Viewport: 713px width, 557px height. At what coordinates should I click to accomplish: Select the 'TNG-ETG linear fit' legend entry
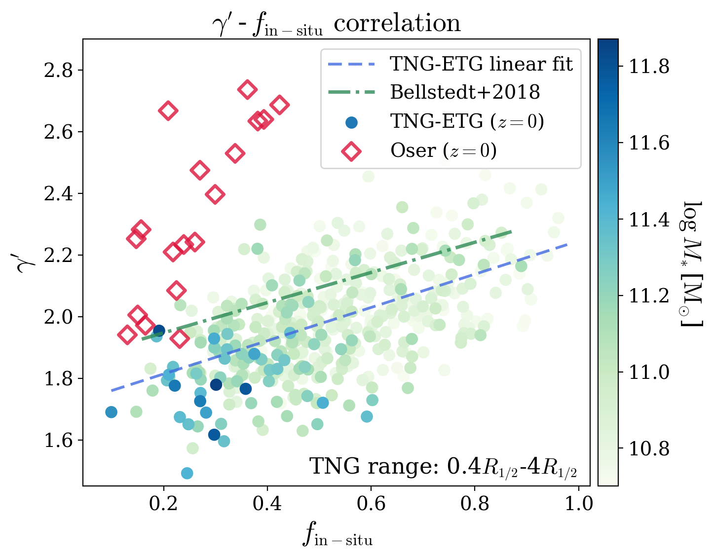[481, 64]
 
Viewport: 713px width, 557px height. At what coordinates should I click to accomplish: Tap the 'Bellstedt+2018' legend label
[465, 92]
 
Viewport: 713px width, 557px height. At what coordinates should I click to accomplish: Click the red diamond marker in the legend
[351, 150]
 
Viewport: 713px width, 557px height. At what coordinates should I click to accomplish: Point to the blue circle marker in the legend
[351, 122]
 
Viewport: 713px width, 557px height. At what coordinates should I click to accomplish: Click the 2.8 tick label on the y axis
[58, 71]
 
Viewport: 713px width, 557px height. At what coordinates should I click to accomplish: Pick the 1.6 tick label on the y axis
[58, 441]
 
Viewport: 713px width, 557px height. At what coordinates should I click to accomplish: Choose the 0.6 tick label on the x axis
[371, 504]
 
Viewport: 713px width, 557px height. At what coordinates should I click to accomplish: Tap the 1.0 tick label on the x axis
[578, 504]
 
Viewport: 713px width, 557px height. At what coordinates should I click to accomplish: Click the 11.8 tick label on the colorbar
[649, 66]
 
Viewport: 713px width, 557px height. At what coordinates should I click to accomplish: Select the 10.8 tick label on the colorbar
[649, 449]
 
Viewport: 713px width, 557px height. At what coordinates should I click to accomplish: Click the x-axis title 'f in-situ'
[338, 535]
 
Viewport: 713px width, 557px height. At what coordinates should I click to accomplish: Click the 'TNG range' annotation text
[443, 466]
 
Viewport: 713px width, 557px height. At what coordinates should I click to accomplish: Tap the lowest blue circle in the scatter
[187, 473]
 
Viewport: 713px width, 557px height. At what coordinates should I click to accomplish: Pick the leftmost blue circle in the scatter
[112, 412]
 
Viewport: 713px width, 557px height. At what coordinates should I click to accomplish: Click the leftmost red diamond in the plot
[127, 335]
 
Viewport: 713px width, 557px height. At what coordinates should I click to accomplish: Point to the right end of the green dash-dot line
[511, 231]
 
